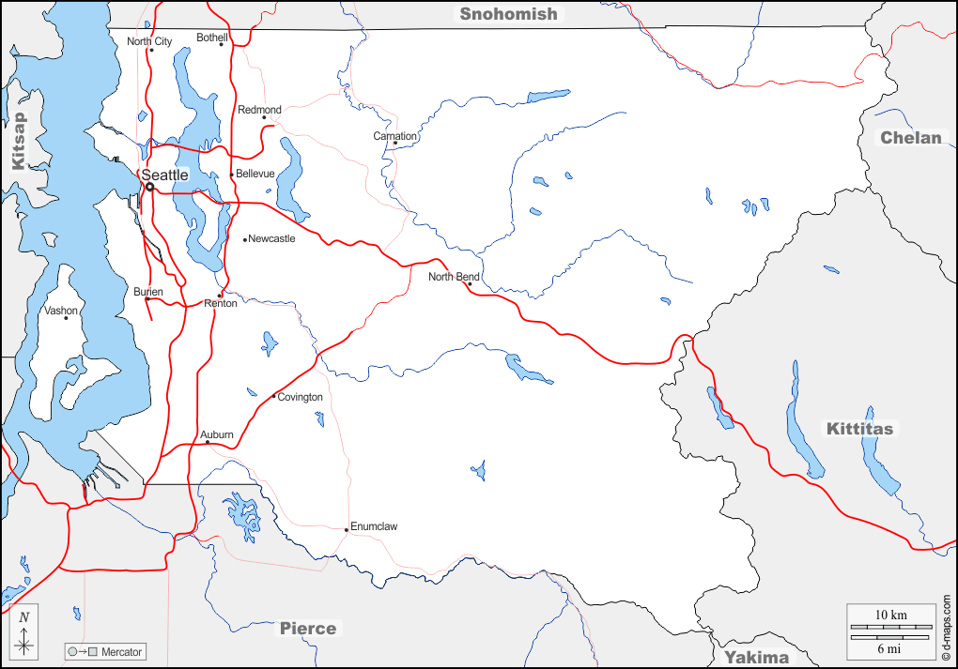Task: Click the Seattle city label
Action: pos(164,175)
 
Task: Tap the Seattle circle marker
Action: pos(149,187)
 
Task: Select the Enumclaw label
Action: pos(374,526)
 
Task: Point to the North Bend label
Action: pos(454,277)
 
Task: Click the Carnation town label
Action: pos(394,136)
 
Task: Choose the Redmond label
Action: pos(259,110)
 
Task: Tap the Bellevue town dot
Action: pos(232,175)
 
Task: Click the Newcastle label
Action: pos(271,238)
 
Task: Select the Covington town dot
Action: pos(273,397)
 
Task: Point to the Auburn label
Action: pos(217,434)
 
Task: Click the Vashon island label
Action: pos(61,311)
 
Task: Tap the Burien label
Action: pos(148,292)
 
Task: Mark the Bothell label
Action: pos(212,38)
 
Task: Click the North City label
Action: pos(149,41)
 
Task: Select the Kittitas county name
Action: pos(860,429)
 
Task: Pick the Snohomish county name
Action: pos(508,13)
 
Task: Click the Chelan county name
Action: pos(910,138)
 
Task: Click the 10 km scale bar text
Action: pos(891,615)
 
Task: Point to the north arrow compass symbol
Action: pos(25,635)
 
